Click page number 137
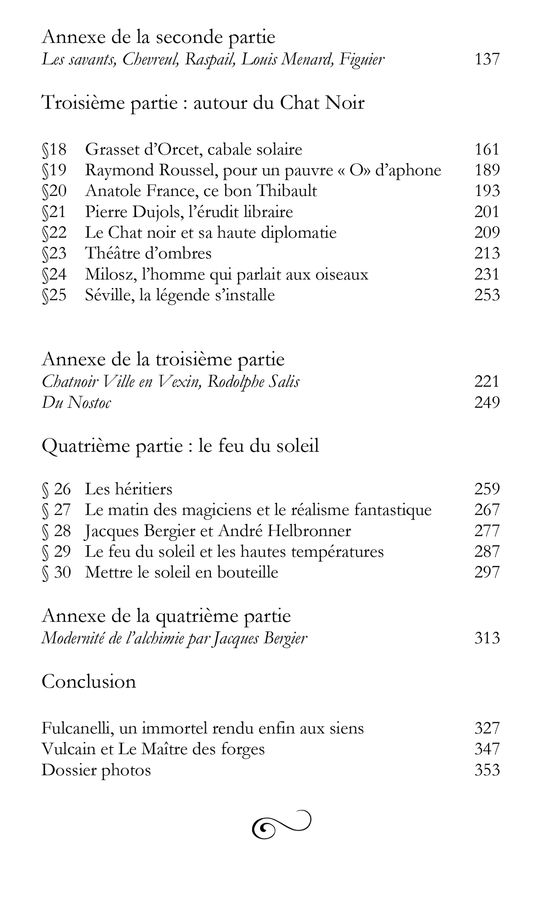[487, 59]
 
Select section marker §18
[54, 149]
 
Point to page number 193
[487, 191]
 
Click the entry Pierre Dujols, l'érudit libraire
[189, 212]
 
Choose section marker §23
[54, 253]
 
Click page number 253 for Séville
[487, 295]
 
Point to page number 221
[487, 381]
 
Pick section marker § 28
[56, 531]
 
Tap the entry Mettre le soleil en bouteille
[181, 572]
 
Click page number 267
[487, 510]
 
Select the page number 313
[487, 638]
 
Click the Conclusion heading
[89, 681]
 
